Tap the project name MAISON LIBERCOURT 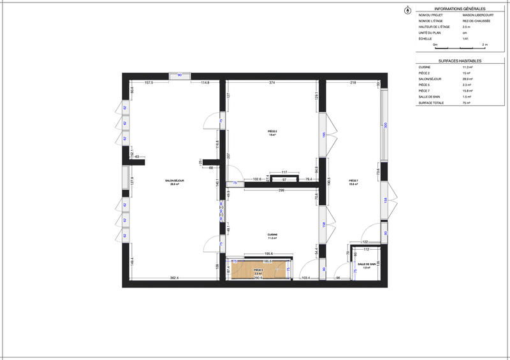[x=477, y=15]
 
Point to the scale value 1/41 [x=465, y=38]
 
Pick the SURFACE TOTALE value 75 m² [x=466, y=103]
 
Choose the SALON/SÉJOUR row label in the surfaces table [x=428, y=78]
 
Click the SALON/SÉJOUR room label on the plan [x=174, y=181]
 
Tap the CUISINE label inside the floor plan [x=273, y=235]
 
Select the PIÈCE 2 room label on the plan [x=272, y=132]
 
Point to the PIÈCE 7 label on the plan [x=353, y=181]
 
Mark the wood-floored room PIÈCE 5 [x=258, y=271]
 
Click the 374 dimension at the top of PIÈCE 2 [x=272, y=83]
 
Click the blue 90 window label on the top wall [x=180, y=75]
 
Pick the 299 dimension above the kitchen [x=272, y=191]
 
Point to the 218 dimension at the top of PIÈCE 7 [x=352, y=83]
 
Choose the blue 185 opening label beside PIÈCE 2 [x=324, y=134]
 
